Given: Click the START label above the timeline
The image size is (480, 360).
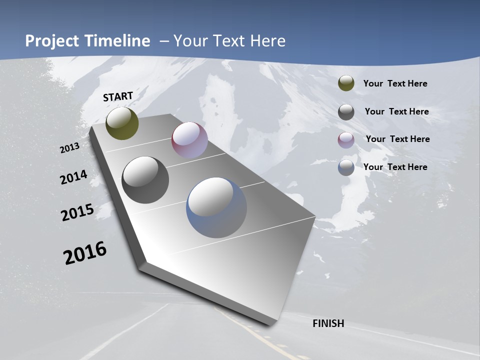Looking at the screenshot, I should pos(118,96).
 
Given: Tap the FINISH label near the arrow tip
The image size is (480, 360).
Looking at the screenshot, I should pos(328,323).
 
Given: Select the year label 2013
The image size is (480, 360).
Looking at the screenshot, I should pos(70,147).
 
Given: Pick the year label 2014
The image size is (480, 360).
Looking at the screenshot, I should pos(73,177).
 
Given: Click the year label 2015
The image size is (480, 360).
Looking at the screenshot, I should pos(77,212).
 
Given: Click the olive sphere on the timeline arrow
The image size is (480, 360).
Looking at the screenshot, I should pos(122,123).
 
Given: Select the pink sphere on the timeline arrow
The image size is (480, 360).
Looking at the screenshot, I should pos(189,140).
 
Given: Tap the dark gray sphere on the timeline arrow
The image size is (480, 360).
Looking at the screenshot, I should pos(145,179).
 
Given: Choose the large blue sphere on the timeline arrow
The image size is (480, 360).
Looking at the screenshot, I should pos(216,207).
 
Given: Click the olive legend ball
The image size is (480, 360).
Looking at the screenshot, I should pos(346,83).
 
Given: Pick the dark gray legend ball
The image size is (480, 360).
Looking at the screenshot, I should pos(346,111).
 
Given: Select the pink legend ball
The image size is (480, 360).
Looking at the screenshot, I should pos(346,139).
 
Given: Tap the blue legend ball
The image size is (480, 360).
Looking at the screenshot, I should pos(346,167).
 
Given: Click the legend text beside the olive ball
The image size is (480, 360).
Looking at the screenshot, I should pos(395,83).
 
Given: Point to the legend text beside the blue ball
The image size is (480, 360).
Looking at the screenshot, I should pos(395,167).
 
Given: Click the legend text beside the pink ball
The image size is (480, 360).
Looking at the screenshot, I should pos(397,139).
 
